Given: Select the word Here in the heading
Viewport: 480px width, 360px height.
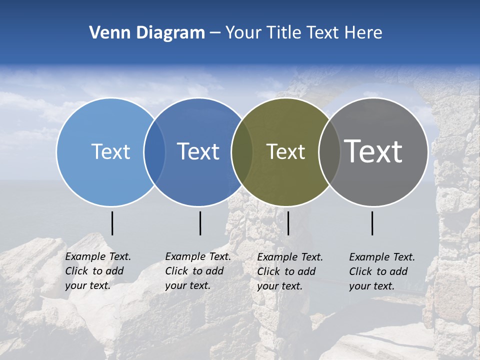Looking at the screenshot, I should coord(363,33).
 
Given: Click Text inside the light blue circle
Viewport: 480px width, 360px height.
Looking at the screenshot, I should coord(110,151).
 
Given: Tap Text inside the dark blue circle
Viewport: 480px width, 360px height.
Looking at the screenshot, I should coord(198,151).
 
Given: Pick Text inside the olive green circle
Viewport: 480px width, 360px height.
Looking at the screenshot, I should coord(285,151).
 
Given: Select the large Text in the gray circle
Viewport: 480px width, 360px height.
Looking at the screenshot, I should coord(373,151).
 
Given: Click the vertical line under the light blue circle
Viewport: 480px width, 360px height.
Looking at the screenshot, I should coord(112,223).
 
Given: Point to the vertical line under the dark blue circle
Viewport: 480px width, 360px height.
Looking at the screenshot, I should coord(200,223).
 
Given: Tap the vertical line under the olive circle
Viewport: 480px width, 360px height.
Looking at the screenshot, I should coord(288,223).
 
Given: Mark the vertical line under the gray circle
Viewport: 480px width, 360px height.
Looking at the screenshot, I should coord(372,223).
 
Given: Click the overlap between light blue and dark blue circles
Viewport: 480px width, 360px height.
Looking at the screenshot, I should coord(154,152).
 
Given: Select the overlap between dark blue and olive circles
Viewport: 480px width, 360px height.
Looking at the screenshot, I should coord(242,152).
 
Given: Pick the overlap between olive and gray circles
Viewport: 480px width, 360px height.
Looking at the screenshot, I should coord(329,152).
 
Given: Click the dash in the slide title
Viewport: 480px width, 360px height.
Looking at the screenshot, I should coord(215,33).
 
